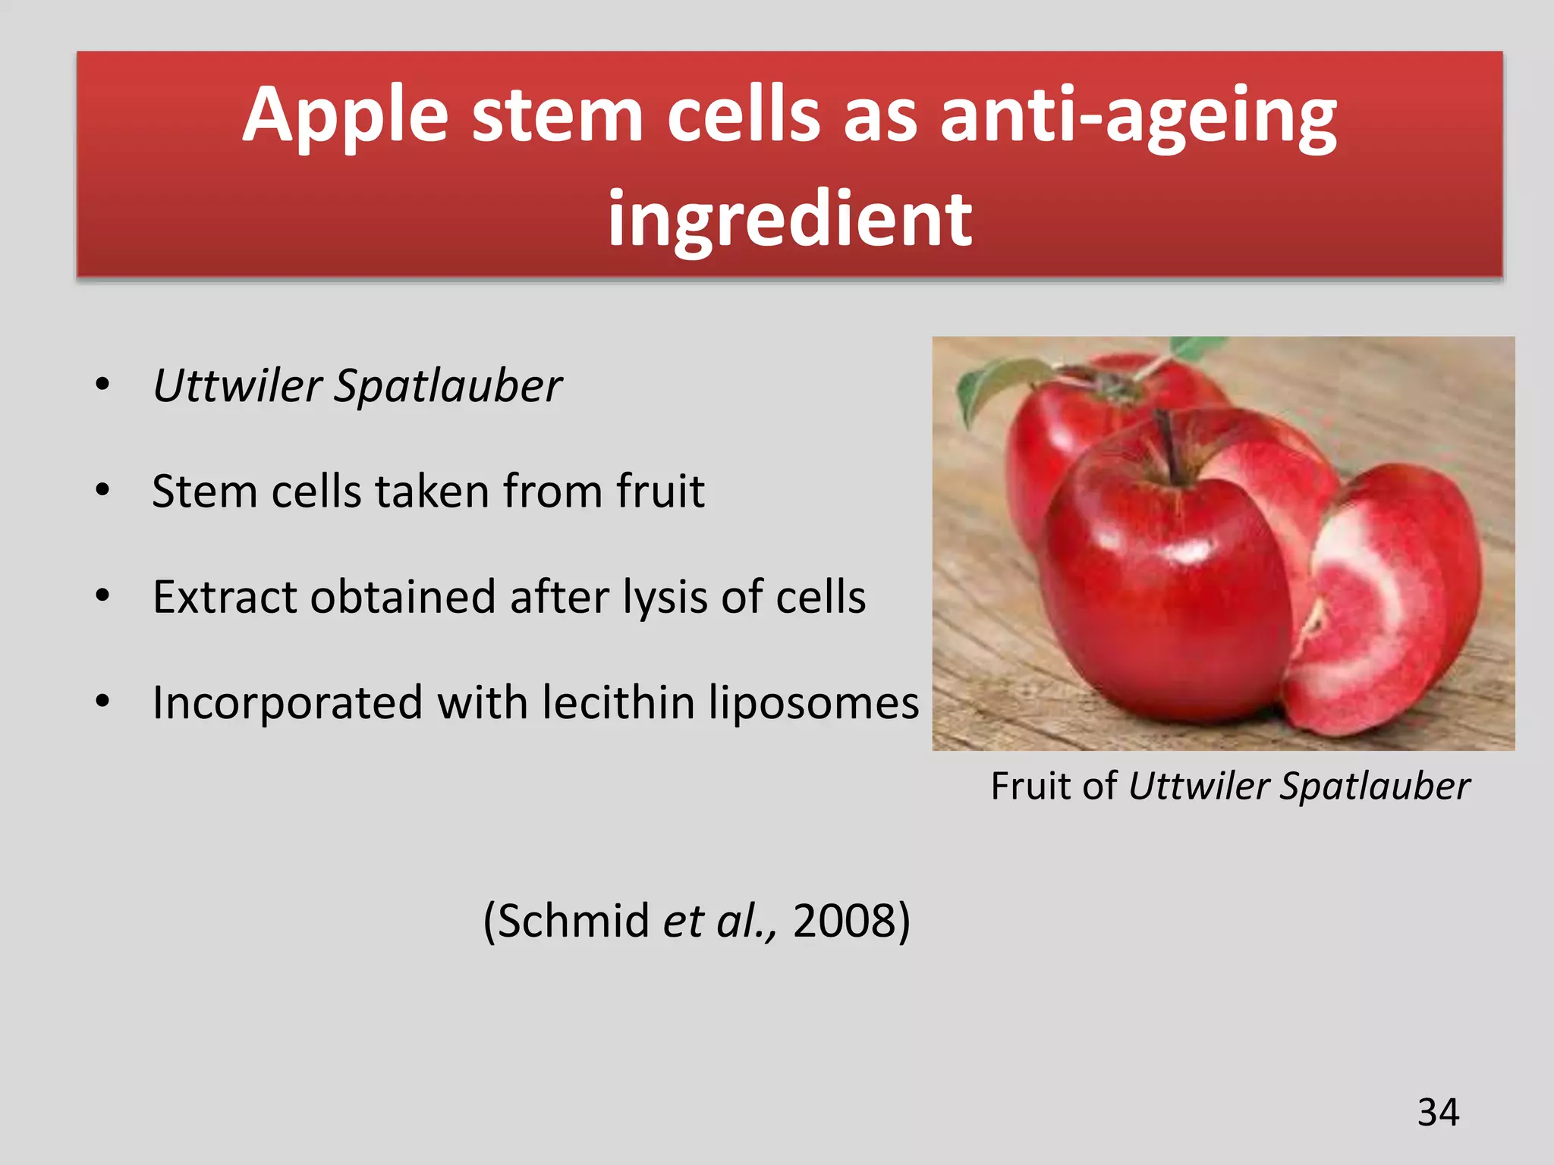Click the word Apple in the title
345,115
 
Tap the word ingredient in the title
789,220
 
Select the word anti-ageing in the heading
1137,115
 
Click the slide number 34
1438,1113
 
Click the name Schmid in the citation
574,921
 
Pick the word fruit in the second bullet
660,491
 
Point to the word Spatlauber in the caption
1375,786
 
